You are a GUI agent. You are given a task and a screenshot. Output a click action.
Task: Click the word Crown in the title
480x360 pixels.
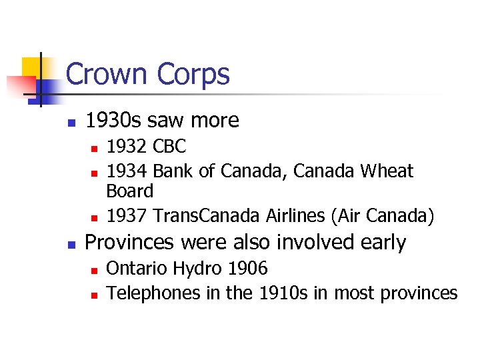click(x=108, y=74)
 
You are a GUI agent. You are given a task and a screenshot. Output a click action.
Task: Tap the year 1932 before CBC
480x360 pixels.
click(x=127, y=146)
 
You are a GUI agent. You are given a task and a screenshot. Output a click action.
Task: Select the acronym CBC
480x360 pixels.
click(x=169, y=146)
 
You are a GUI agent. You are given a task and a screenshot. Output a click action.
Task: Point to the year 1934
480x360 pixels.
click(x=127, y=171)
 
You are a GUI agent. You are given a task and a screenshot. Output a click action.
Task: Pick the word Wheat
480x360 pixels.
click(x=387, y=171)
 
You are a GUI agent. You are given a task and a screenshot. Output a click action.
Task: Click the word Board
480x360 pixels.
click(x=130, y=191)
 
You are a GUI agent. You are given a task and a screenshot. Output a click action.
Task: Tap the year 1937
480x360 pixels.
click(x=127, y=216)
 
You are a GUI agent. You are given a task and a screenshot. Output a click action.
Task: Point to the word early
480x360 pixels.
click(x=382, y=243)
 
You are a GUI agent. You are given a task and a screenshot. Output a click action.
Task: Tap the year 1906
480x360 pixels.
click(x=248, y=269)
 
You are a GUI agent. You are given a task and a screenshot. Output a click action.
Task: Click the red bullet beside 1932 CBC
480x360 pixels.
click(x=95, y=147)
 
